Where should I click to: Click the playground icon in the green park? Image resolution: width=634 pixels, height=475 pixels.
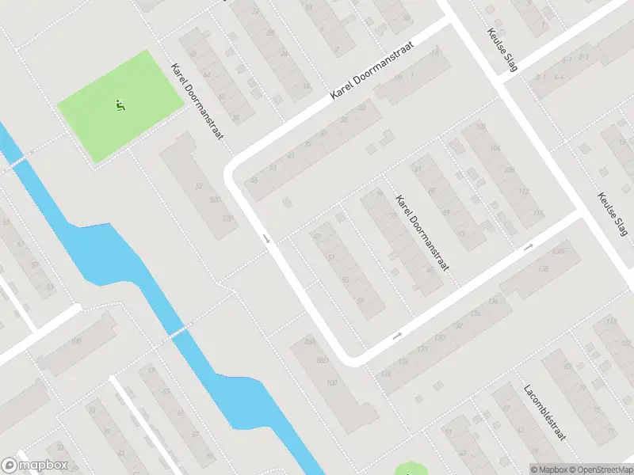click(x=120, y=104)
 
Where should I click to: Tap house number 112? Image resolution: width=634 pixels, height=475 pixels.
click(x=522, y=192)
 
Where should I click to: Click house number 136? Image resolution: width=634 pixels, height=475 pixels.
click(x=493, y=301)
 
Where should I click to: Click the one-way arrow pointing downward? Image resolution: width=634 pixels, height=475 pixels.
click(x=267, y=238)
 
